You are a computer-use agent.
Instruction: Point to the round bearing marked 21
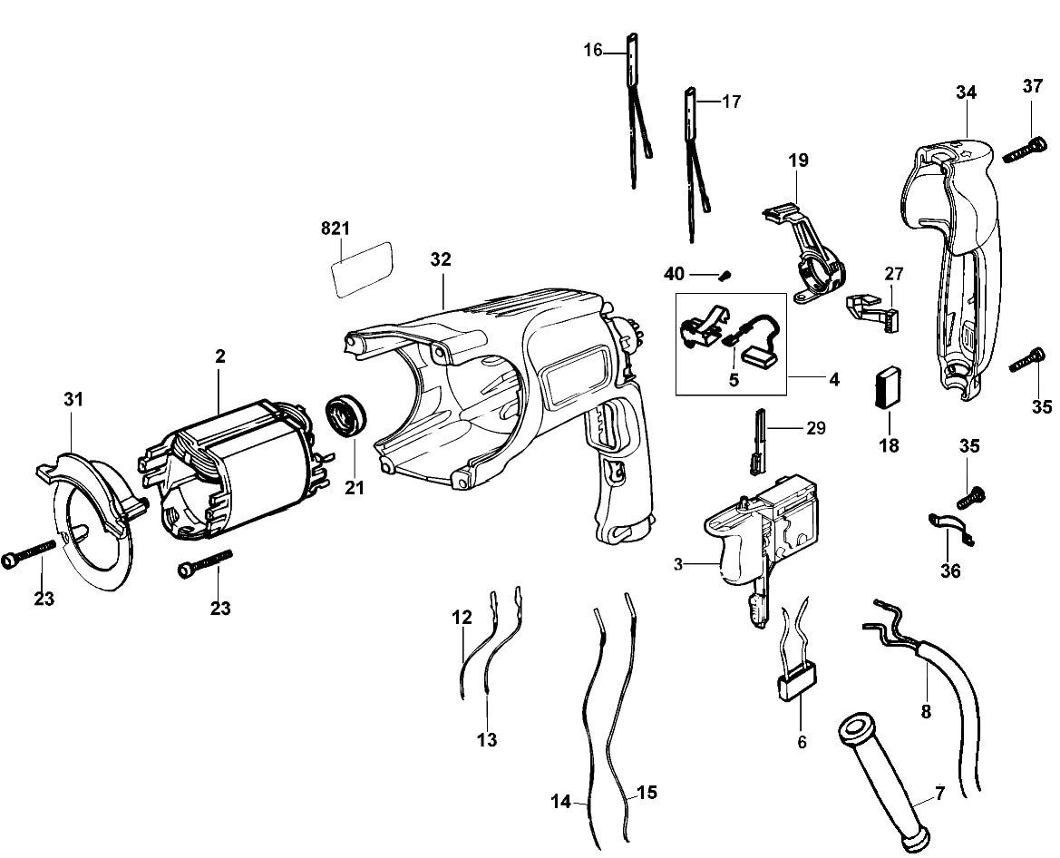pyautogui.click(x=344, y=416)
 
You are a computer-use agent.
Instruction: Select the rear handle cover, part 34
pyautogui.click(x=957, y=263)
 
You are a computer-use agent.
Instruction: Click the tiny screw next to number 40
pyautogui.click(x=725, y=273)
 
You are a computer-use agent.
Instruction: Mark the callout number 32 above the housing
pyautogui.click(x=441, y=259)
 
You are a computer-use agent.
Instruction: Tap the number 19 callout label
pyautogui.click(x=798, y=161)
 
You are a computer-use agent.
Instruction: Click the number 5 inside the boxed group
pyautogui.click(x=734, y=380)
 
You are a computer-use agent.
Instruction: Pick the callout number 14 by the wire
pyautogui.click(x=560, y=802)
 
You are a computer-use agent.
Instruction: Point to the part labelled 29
pyautogui.click(x=759, y=444)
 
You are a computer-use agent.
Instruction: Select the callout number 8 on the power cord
pyautogui.click(x=926, y=712)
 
